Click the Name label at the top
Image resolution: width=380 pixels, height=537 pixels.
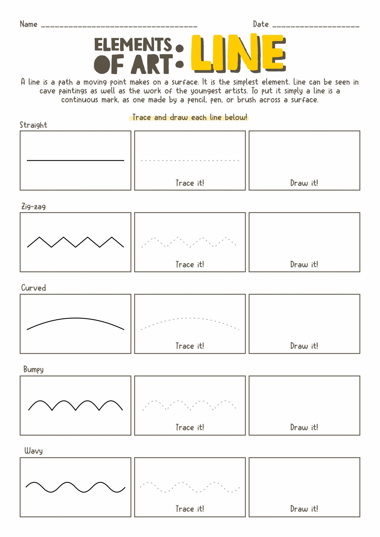coord(29,24)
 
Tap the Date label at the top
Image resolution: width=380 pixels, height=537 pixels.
coord(261,24)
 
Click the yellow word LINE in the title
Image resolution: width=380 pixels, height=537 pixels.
coord(238,53)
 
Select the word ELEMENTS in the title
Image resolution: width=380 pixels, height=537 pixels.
coord(133,45)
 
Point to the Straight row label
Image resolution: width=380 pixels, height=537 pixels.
coord(33,125)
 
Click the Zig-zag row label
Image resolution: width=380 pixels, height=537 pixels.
coord(33,207)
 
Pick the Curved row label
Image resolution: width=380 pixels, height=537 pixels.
coord(33,288)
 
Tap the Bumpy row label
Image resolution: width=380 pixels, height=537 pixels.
coord(33,369)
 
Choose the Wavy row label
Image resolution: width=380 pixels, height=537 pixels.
coord(33,451)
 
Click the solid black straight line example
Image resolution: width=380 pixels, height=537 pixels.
coord(75,161)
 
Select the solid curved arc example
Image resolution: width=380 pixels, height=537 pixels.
coord(75,318)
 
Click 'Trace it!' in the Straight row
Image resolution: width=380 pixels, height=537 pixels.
coord(190,183)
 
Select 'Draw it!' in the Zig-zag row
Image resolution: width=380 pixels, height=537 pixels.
coord(304,265)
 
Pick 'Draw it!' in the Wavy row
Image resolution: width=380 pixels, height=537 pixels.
coord(304,509)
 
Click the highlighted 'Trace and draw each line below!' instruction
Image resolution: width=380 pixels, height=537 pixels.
coord(189,117)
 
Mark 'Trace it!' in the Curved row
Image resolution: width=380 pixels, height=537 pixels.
coord(190,346)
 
